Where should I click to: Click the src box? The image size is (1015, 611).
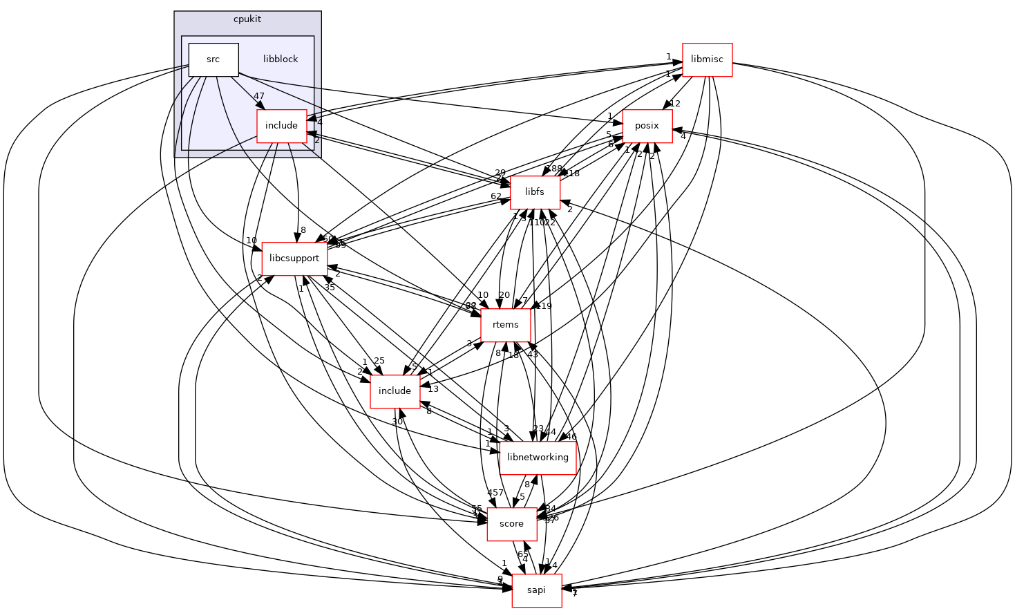(x=214, y=59)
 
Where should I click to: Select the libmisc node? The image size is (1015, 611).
(x=707, y=59)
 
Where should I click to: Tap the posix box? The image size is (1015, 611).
(x=647, y=126)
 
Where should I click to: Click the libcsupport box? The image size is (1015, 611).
(x=294, y=258)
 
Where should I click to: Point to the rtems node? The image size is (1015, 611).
(x=506, y=325)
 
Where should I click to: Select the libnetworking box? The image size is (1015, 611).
(x=538, y=458)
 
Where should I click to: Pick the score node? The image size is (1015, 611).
(x=511, y=524)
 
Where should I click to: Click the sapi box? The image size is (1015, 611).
(x=536, y=590)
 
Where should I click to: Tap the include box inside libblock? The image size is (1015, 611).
(x=281, y=126)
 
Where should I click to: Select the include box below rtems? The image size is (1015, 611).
(x=395, y=391)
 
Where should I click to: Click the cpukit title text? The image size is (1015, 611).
(x=247, y=19)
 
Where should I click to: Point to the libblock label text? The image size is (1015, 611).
(x=281, y=59)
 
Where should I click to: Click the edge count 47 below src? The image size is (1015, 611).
(x=259, y=96)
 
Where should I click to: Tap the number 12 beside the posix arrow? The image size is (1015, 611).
(x=675, y=104)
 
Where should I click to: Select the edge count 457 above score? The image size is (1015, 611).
(x=495, y=493)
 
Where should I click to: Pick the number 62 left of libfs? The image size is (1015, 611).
(x=496, y=196)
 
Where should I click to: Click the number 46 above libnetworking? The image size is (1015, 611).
(x=571, y=437)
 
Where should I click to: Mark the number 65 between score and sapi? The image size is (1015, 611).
(x=523, y=554)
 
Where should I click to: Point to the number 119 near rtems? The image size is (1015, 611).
(x=544, y=306)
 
